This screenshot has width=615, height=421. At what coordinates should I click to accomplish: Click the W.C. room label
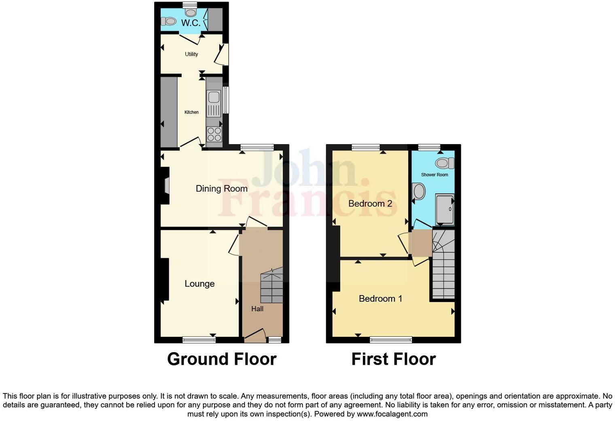click(191, 23)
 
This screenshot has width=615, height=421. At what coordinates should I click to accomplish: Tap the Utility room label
click(191, 54)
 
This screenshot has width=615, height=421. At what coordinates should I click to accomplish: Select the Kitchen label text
click(191, 112)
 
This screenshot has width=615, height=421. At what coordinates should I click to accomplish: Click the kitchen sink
click(213, 98)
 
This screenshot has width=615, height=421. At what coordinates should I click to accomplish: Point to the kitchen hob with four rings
click(214, 134)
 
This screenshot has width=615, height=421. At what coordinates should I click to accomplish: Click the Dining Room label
click(221, 189)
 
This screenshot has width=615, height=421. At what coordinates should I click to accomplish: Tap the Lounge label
click(199, 284)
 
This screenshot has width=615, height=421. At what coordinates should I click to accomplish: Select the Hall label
click(257, 309)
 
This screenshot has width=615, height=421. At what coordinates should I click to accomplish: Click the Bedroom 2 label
click(370, 204)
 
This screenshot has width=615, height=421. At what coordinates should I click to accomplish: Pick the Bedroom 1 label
click(380, 299)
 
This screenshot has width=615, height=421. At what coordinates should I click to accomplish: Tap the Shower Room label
click(435, 175)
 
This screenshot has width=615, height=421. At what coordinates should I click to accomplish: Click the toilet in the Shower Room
click(444, 163)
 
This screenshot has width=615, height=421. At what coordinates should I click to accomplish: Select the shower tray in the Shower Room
click(445, 209)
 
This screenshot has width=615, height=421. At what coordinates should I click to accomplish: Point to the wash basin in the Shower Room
click(418, 191)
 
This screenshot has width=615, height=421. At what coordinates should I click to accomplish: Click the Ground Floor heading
click(222, 359)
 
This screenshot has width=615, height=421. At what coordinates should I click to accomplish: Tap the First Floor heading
click(393, 359)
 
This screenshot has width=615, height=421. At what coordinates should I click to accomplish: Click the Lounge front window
click(199, 340)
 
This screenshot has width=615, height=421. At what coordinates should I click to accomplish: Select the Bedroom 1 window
click(391, 340)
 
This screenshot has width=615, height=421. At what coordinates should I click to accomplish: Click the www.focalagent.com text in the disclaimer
click(392, 414)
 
